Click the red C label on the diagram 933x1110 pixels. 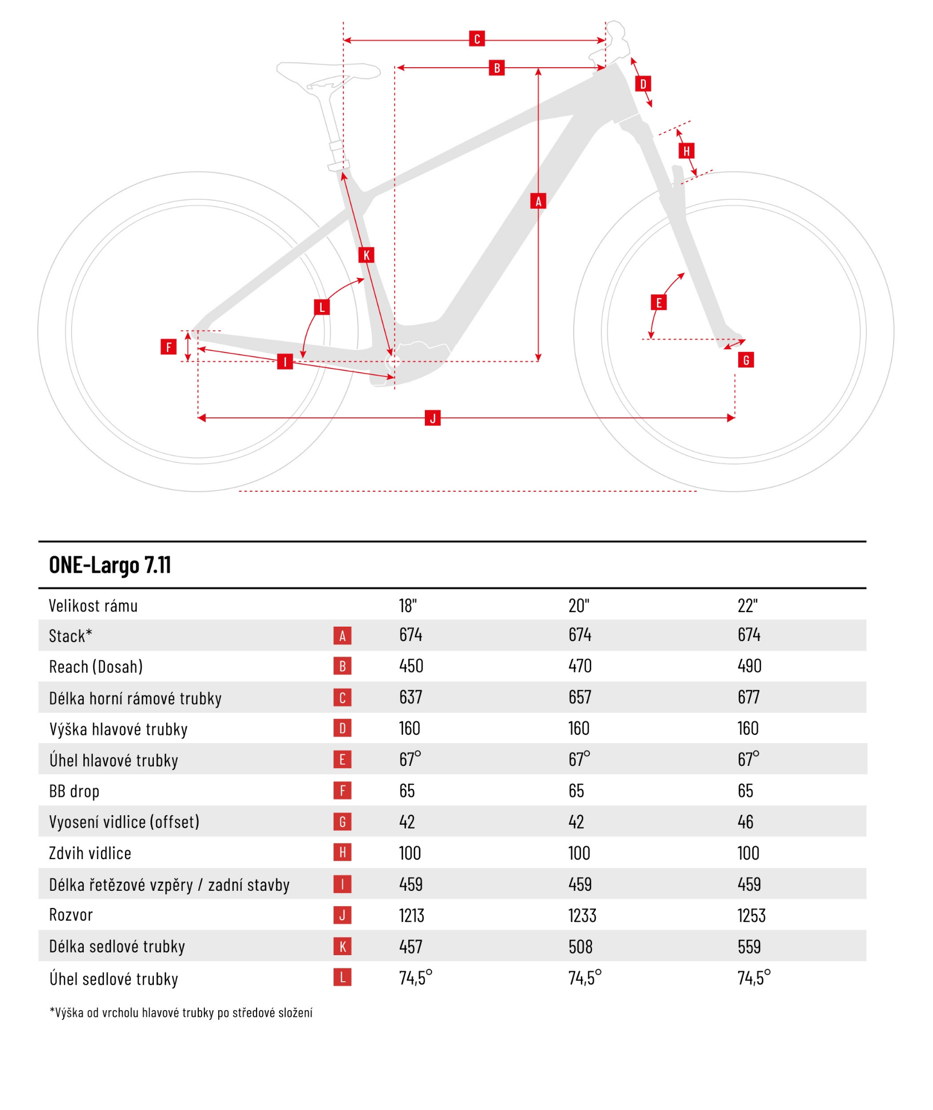pos(476,39)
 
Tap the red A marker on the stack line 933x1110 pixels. pos(538,201)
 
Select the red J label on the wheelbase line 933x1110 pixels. pos(432,418)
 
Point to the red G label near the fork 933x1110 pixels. pos(745,360)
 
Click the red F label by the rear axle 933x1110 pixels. pos(168,347)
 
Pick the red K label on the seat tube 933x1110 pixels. pos(366,255)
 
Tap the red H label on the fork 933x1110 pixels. pos(686,150)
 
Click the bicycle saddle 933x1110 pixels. pos(328,72)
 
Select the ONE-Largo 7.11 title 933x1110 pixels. pos(110,565)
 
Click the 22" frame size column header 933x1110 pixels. pos(748,606)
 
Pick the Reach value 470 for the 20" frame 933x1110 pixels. pos(580,666)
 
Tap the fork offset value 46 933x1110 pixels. pos(745,822)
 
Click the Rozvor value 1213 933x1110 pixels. pos(412,915)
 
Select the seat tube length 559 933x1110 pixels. pos(749,946)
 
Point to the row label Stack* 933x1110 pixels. pos(71,636)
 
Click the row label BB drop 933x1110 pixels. pos(74,791)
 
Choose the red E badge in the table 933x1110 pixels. pos(342,760)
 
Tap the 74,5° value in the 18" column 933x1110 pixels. pos(415,978)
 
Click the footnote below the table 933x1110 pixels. pos(181,1013)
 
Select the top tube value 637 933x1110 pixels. pos(411,697)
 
